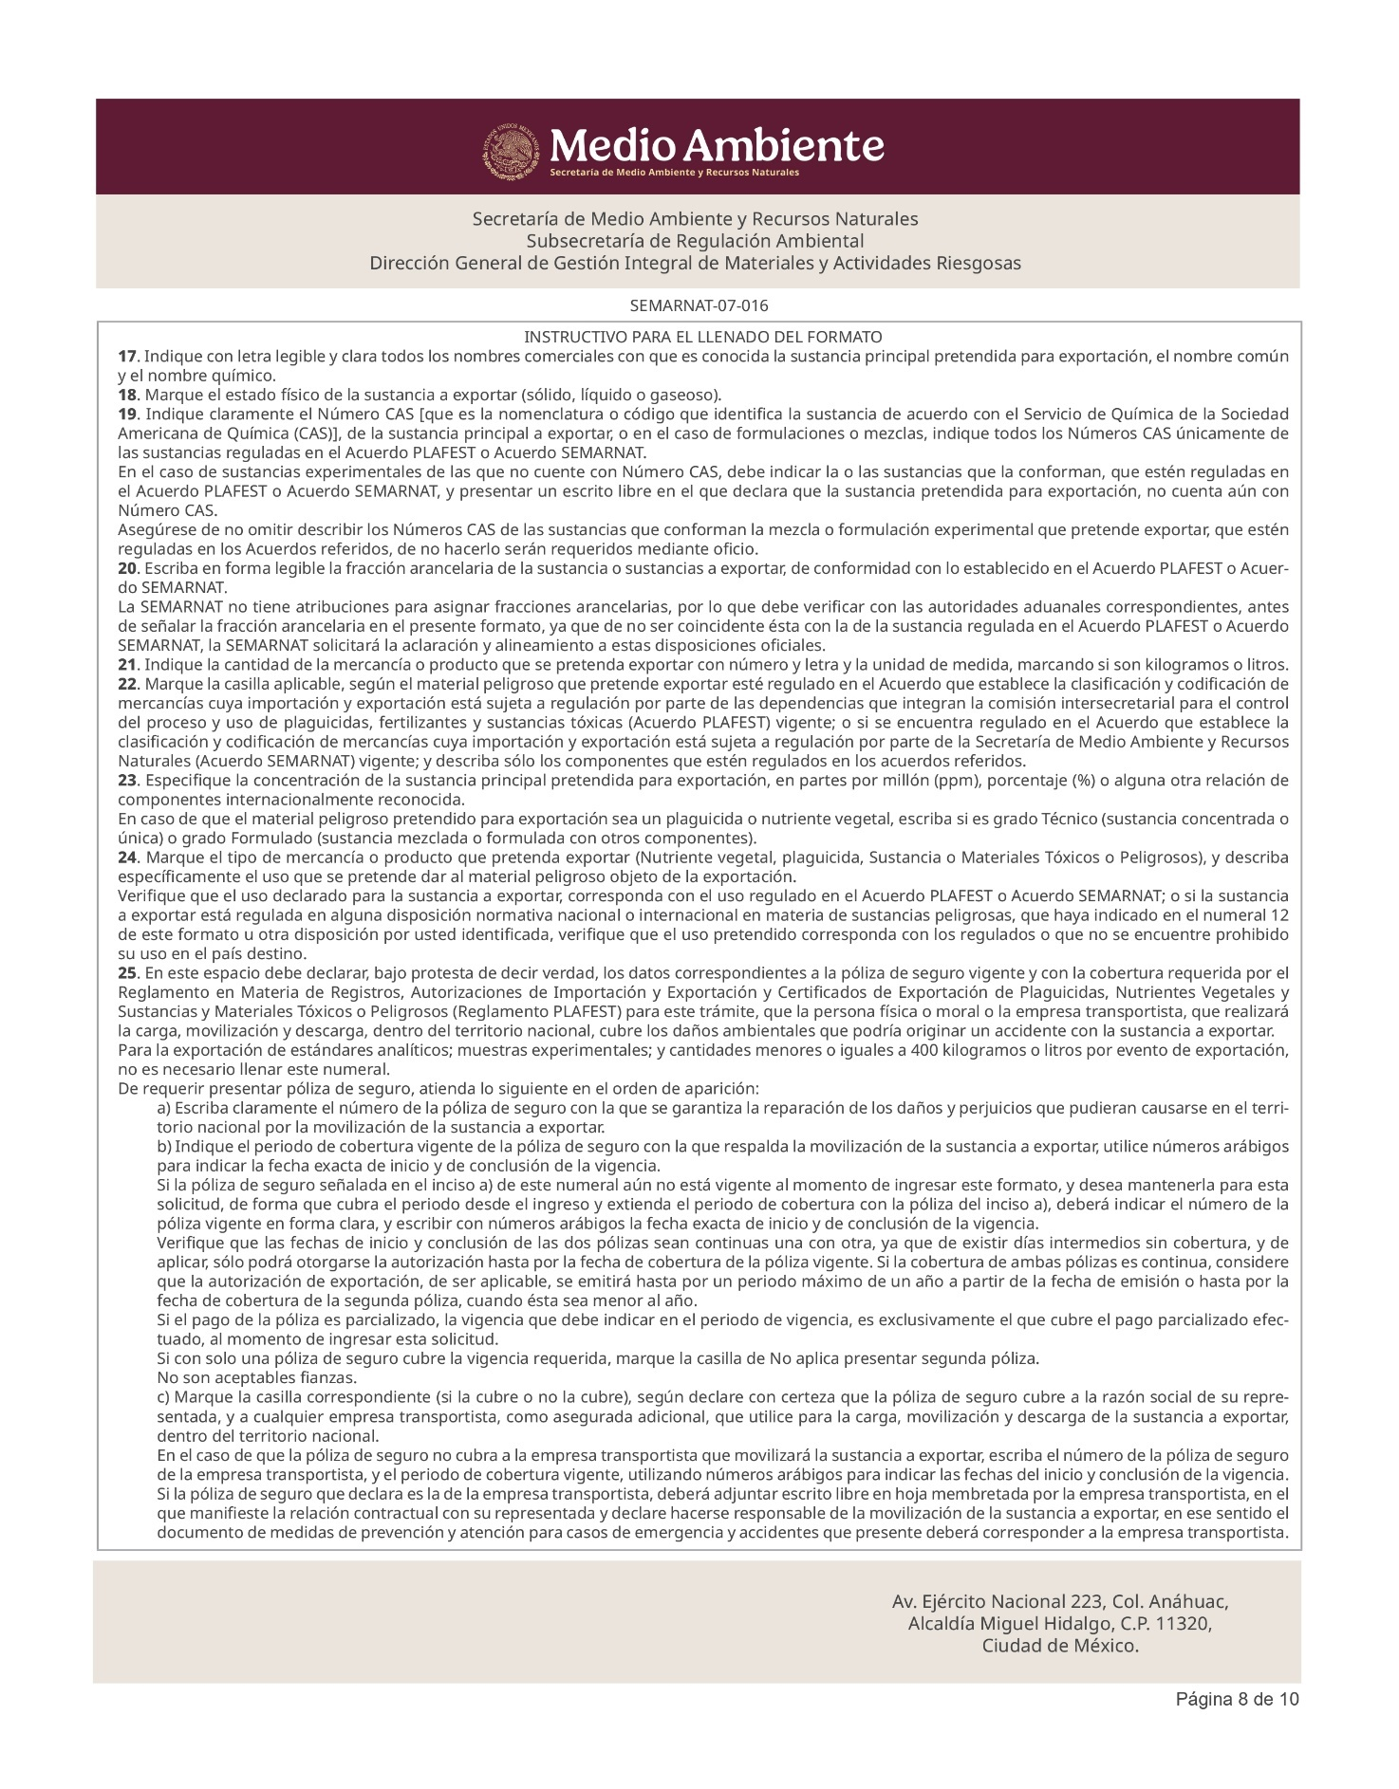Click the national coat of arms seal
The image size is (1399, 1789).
(514, 150)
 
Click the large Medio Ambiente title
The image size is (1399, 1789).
(717, 145)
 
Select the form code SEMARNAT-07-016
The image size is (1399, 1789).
(699, 306)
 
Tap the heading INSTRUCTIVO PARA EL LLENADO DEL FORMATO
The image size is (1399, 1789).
(702, 337)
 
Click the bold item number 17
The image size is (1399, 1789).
(127, 357)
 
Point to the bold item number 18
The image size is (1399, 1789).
(127, 395)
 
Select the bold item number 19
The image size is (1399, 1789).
(127, 415)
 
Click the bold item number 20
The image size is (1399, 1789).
(127, 568)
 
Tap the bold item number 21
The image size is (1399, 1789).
(127, 665)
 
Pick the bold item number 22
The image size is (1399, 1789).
(127, 684)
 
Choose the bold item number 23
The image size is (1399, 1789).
(127, 781)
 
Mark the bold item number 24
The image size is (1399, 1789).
(127, 858)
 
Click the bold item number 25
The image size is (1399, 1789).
(127, 973)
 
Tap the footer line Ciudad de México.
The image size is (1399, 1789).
(1060, 1646)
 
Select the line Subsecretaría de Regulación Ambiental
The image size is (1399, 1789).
(695, 241)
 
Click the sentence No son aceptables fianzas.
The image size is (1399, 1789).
(243, 1377)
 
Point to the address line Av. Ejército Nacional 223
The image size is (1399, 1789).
(1060, 1602)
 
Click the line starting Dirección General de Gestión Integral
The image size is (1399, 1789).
(695, 263)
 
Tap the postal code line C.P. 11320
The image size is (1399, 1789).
(1060, 1624)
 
